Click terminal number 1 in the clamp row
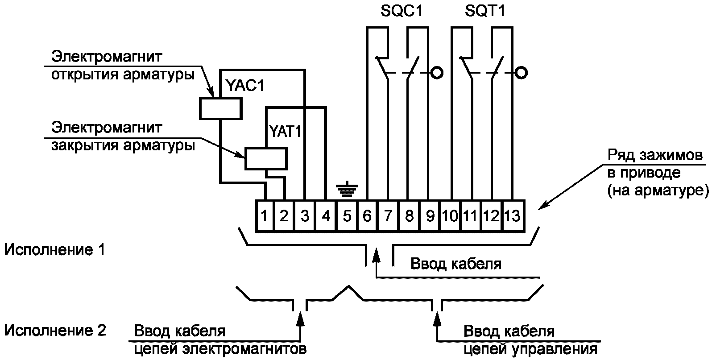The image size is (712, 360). [264, 216]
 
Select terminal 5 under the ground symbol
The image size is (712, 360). [347, 216]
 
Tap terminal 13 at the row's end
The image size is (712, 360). [513, 216]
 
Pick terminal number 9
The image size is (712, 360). [430, 216]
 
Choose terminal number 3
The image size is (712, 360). [305, 216]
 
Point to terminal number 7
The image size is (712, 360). [388, 216]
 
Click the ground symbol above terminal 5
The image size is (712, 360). [347, 189]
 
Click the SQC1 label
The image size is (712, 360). [402, 11]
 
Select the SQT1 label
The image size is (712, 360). [485, 11]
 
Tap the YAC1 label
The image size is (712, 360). [245, 86]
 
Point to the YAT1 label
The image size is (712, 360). [285, 131]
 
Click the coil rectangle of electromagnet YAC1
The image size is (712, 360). [221, 108]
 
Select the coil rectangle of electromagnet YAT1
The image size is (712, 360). [266, 158]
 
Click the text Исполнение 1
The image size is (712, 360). [54, 250]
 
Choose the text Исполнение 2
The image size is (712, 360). [55, 331]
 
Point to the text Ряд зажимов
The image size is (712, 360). [655, 155]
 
